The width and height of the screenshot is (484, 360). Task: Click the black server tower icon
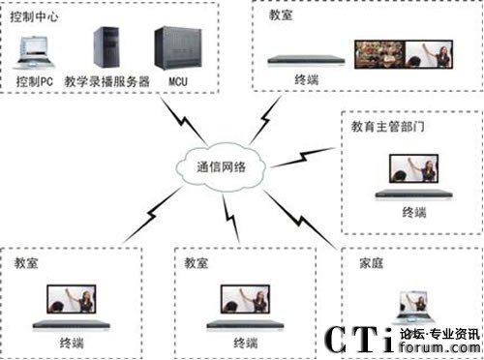pyautogui.click(x=106, y=46)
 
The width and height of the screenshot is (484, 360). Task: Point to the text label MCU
pyautogui.click(x=178, y=81)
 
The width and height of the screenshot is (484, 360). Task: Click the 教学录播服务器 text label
pyautogui.click(x=106, y=81)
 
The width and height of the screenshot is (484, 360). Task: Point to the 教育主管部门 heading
pyautogui.click(x=394, y=127)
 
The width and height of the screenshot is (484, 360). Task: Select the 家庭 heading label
pyautogui.click(x=371, y=261)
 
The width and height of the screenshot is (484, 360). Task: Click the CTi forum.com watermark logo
pyautogui.click(x=402, y=341)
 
